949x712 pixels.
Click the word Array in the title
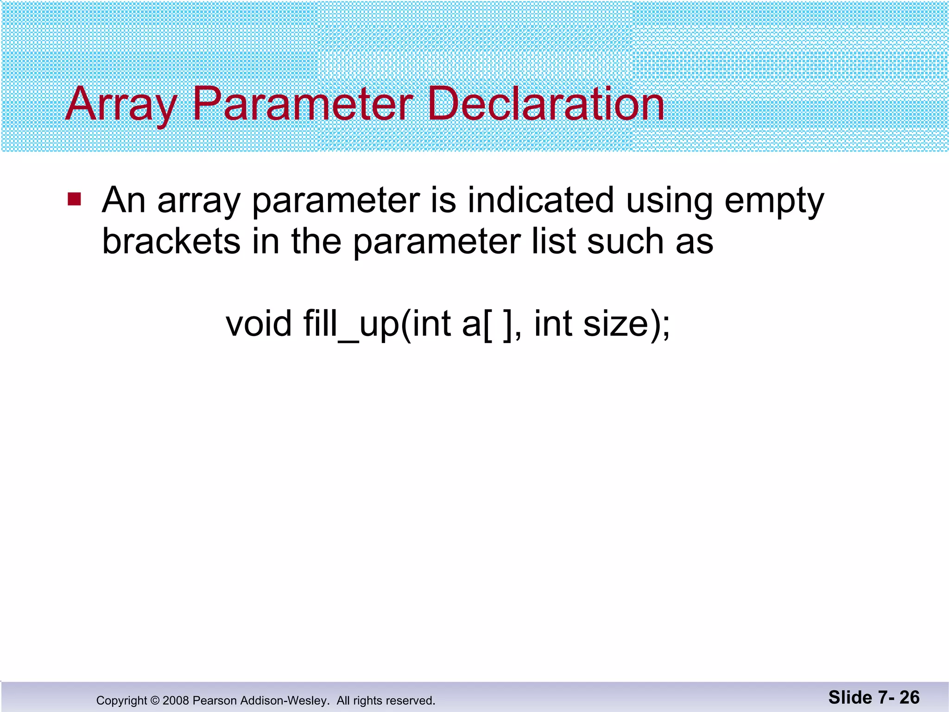[x=121, y=105]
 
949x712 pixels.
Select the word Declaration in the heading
[x=545, y=105]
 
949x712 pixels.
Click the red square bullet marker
[x=74, y=199]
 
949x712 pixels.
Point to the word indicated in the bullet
[x=540, y=200]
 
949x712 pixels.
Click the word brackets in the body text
[x=171, y=242]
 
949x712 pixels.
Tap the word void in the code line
[x=259, y=324]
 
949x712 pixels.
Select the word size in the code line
[x=615, y=324]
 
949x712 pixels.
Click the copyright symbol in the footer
[x=155, y=700]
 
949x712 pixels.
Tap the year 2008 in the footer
[x=176, y=700]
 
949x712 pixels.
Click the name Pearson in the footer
[x=215, y=700]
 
